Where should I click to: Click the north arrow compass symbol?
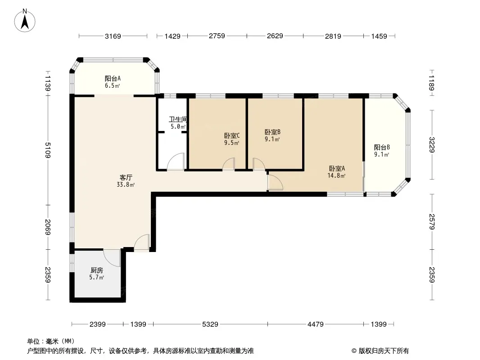point(25,20)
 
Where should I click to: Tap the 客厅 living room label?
point(126,177)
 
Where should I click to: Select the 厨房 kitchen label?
point(97,270)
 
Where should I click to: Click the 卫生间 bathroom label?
point(178,119)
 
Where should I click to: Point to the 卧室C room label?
point(232,135)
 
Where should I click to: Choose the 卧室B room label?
point(272,132)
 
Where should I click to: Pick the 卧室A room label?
point(337,169)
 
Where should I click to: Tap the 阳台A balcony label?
point(113,79)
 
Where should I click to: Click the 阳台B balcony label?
point(382,148)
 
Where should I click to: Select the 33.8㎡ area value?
point(126,185)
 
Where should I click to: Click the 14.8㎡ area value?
point(337,176)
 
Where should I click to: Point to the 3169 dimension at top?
point(113,36)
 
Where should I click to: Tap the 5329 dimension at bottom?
point(210,324)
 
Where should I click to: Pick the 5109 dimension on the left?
point(47,150)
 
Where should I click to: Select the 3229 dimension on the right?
point(432,144)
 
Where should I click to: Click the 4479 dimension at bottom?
point(315,324)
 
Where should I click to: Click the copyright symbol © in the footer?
point(354,351)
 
